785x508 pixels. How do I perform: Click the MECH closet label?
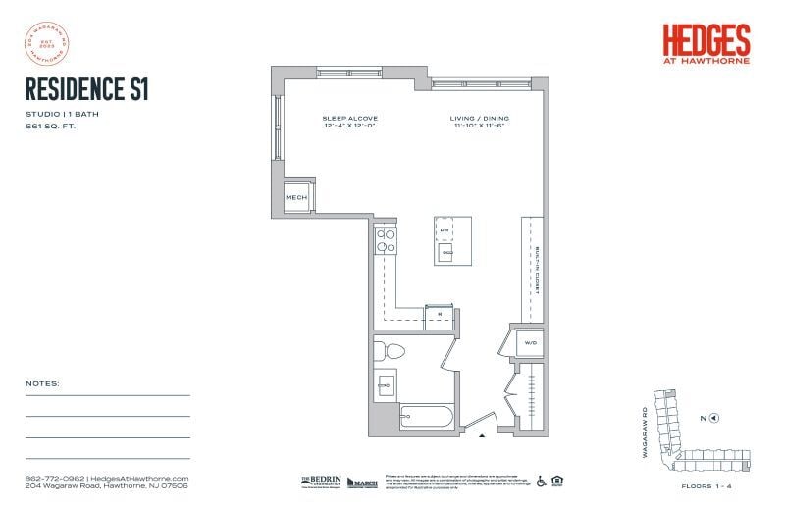tap(296, 198)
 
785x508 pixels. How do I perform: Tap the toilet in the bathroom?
tap(393, 351)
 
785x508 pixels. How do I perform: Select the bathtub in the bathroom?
tap(427, 418)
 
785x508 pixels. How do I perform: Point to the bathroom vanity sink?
tap(385, 383)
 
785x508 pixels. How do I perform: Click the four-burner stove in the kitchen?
tap(385, 240)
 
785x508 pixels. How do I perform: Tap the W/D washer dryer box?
tap(529, 343)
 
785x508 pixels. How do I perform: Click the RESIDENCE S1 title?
tap(86, 88)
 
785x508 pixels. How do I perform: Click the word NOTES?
tap(43, 383)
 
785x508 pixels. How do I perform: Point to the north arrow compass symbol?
tap(713, 418)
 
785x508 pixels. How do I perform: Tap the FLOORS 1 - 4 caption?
tap(707, 485)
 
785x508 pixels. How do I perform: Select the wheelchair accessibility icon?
tap(541, 481)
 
